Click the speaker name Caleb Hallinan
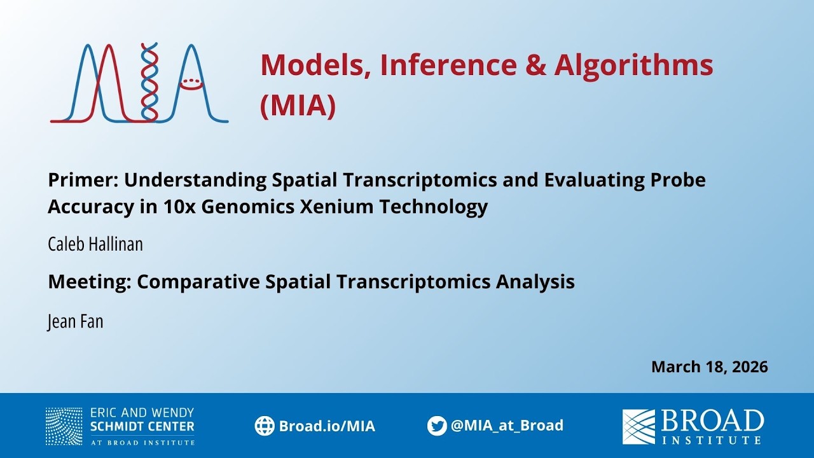coord(95,244)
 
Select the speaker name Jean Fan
coord(75,321)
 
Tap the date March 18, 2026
coord(709,367)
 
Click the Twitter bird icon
coord(437,426)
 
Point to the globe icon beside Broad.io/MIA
coord(265,426)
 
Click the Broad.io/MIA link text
coord(327,426)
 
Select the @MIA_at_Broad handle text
coord(507,426)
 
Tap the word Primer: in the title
coord(83,180)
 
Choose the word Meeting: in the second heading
coord(90,282)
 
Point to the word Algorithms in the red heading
coord(633,65)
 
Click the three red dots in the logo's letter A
coord(191,81)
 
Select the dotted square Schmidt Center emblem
coord(64,426)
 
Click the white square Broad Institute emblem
coord(638,426)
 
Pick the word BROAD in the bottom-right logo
coord(712,421)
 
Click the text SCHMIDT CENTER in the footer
coord(142,426)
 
